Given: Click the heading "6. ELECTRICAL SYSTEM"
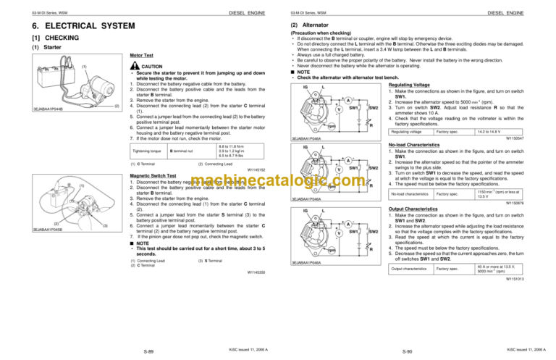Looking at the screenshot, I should pos(68,28).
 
